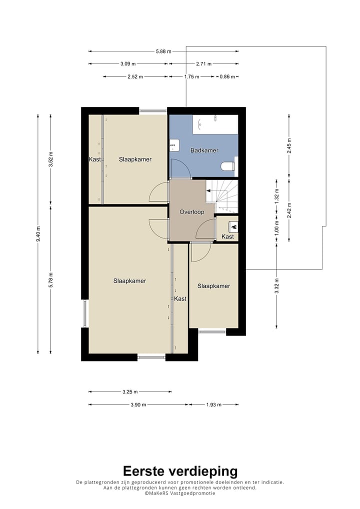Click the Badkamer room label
coord(204,150)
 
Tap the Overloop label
coord(192,212)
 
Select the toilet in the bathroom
coord(227,166)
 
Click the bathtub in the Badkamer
coord(215,124)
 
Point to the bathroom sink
coord(174,145)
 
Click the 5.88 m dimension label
coord(163,51)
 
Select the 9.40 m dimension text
coord(38,234)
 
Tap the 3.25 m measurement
coord(130,392)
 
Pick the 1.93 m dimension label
coord(214,405)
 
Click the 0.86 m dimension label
coord(227,77)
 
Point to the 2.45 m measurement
coord(289,146)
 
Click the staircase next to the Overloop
coord(222,196)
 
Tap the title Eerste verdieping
coord(180,471)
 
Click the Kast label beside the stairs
coord(227,236)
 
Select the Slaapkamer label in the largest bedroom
coord(129,281)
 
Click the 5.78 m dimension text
coord(50,280)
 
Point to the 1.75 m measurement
coord(191,77)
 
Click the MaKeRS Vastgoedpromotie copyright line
coord(180,493)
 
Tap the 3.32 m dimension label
coord(277,285)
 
